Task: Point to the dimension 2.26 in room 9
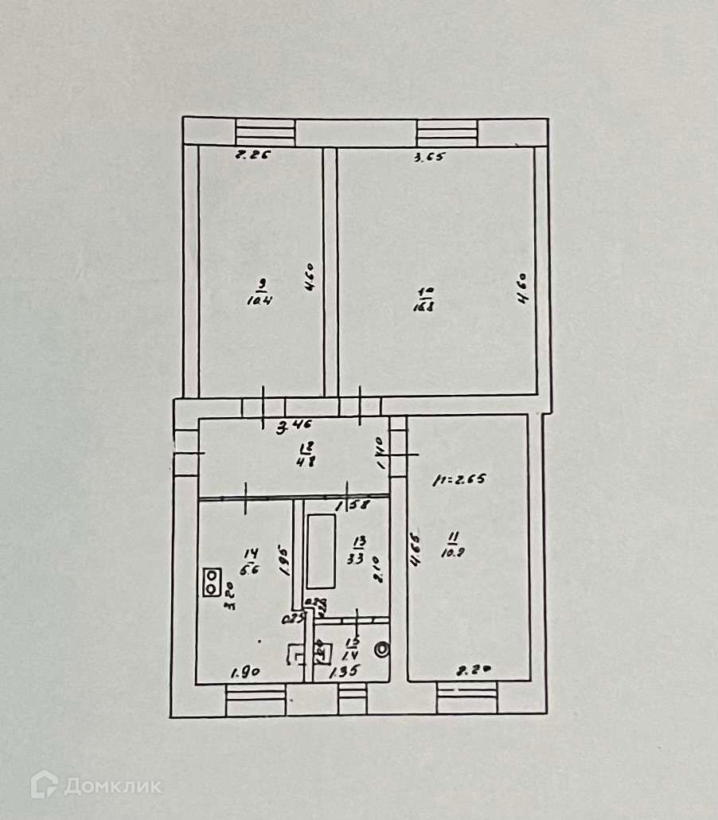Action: [x=250, y=155]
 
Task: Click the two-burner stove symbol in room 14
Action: [x=212, y=581]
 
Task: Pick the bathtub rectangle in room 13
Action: [x=321, y=551]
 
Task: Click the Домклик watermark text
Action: [x=112, y=787]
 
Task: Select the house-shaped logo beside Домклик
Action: [x=45, y=785]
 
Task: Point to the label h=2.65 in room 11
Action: [x=459, y=479]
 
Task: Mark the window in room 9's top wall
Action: [x=265, y=131]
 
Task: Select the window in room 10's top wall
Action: [x=447, y=131]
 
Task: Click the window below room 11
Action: [x=466, y=697]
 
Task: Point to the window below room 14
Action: [x=256, y=701]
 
